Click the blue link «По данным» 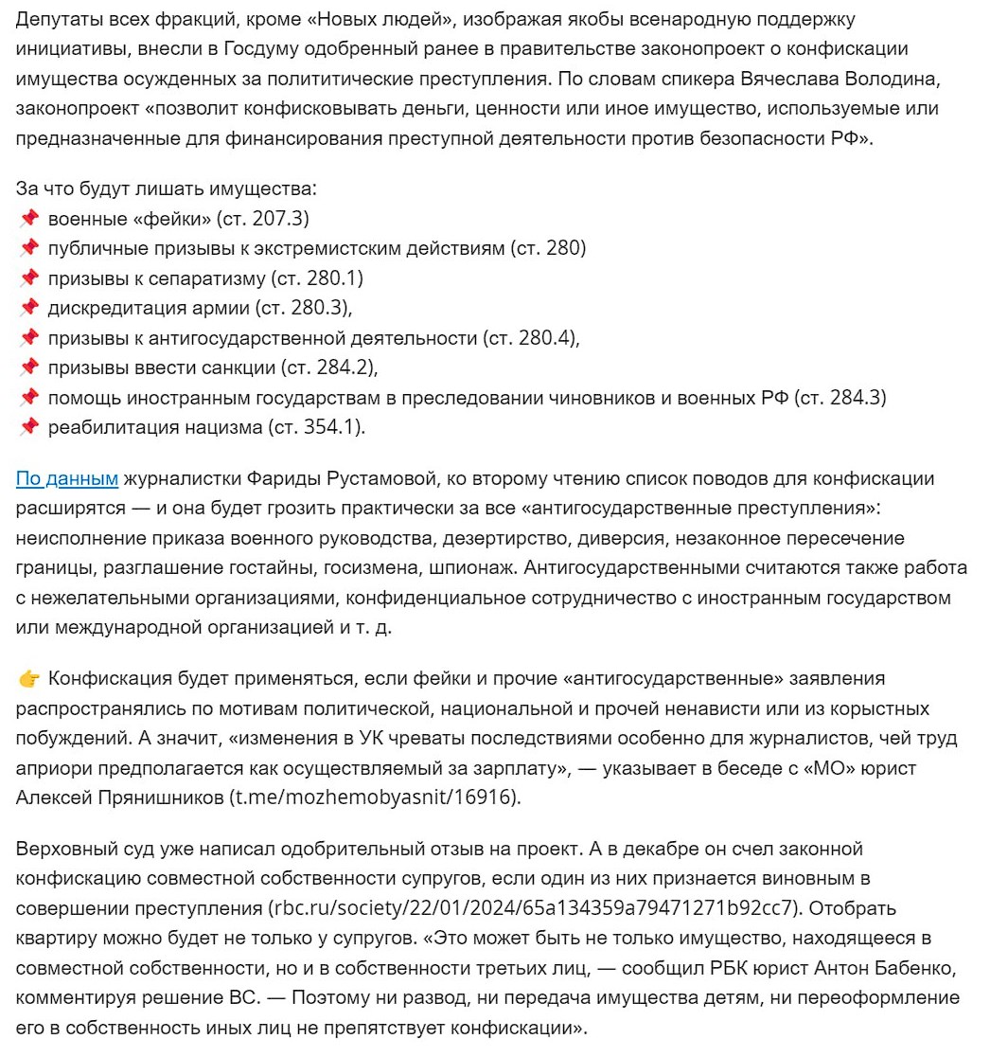66,479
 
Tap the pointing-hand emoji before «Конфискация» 28,679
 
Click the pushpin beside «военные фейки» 28,220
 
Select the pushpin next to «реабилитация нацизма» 28,427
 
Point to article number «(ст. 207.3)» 262,220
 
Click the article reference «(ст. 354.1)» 316,427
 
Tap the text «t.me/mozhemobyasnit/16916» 375,797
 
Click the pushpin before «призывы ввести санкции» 28,367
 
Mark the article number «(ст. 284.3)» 841,398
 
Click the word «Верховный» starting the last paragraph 62,849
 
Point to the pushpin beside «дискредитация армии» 28,309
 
